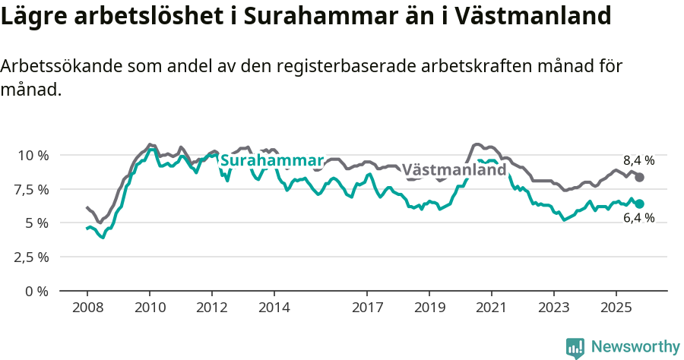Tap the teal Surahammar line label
point(271,161)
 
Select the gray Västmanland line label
point(454,169)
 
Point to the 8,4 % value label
point(638,160)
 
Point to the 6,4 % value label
point(638,218)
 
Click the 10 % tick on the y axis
point(33,155)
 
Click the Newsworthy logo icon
point(575,347)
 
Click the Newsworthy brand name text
point(635,347)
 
